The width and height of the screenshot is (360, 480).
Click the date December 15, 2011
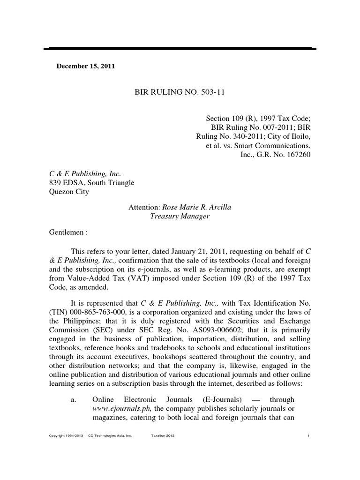point(86,66)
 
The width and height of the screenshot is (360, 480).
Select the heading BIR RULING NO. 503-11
point(180,92)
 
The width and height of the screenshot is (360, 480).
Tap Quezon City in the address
point(68,191)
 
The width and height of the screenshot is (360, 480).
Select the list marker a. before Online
point(73,400)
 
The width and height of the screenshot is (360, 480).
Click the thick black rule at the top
point(180,49)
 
